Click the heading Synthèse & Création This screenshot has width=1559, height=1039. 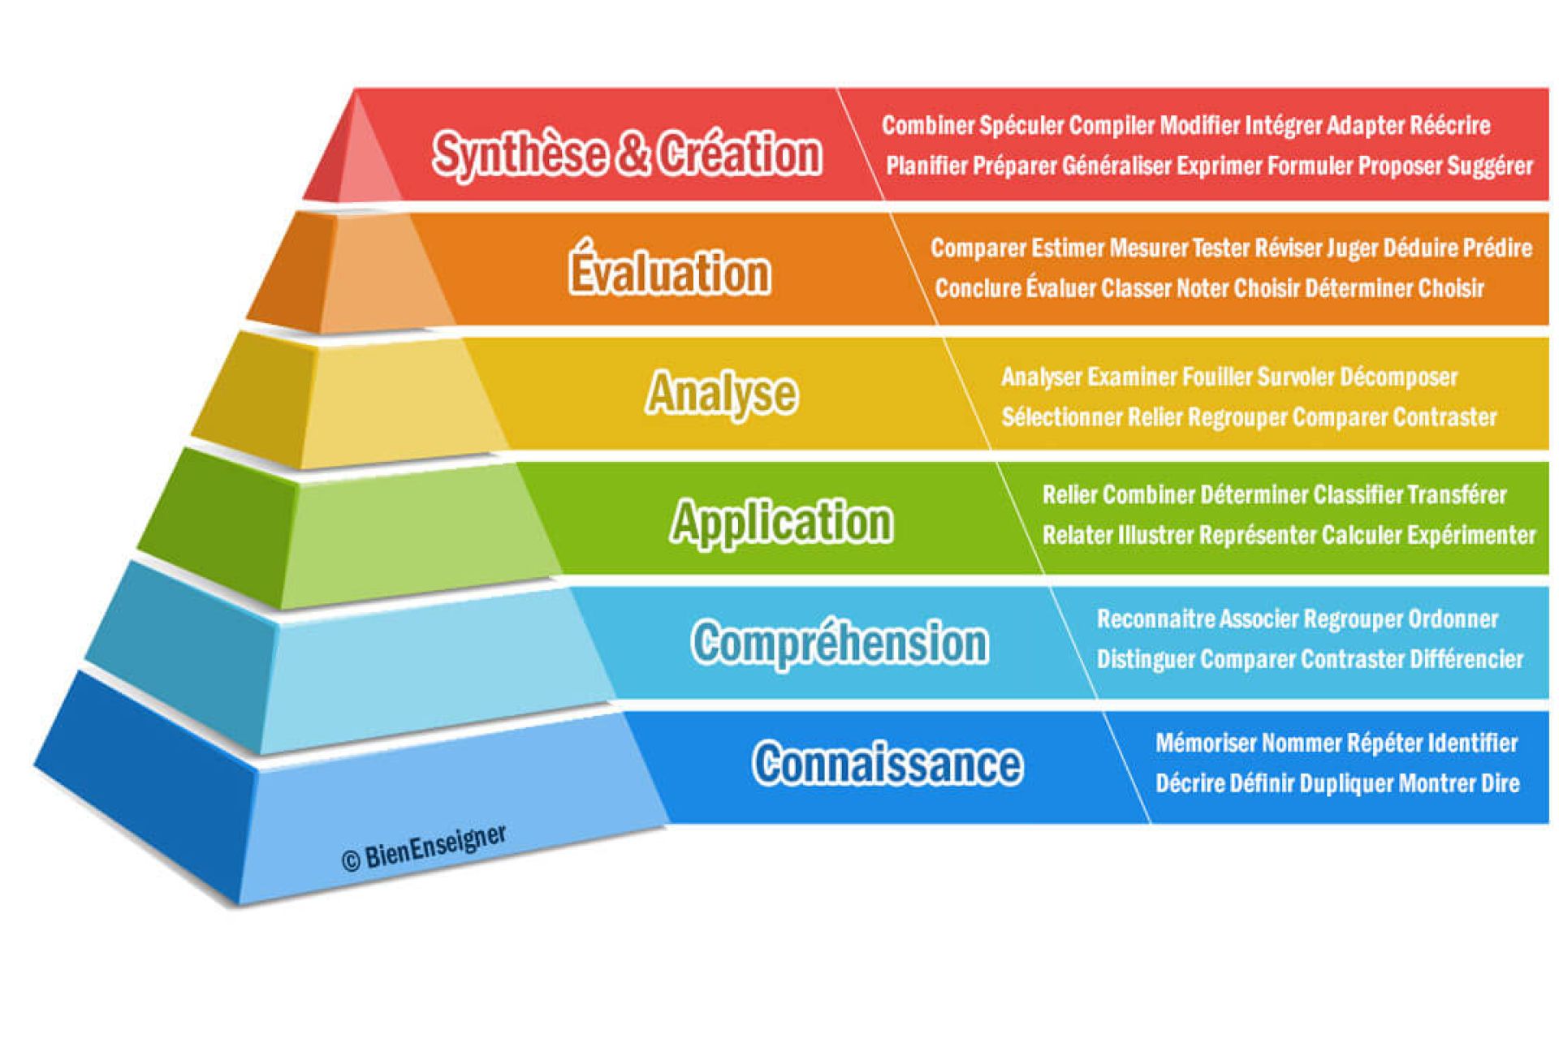(627, 153)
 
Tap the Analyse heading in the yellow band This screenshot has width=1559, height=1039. (722, 394)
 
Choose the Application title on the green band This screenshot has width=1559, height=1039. (782, 522)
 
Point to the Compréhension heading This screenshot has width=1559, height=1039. (840, 643)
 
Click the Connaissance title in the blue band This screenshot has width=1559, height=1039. (887, 764)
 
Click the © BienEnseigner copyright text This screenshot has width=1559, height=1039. (425, 848)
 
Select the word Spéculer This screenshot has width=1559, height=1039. (1021, 126)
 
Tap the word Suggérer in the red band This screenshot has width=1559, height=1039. (1490, 166)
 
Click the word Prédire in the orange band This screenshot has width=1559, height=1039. (1497, 248)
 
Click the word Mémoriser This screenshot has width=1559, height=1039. (1206, 743)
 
